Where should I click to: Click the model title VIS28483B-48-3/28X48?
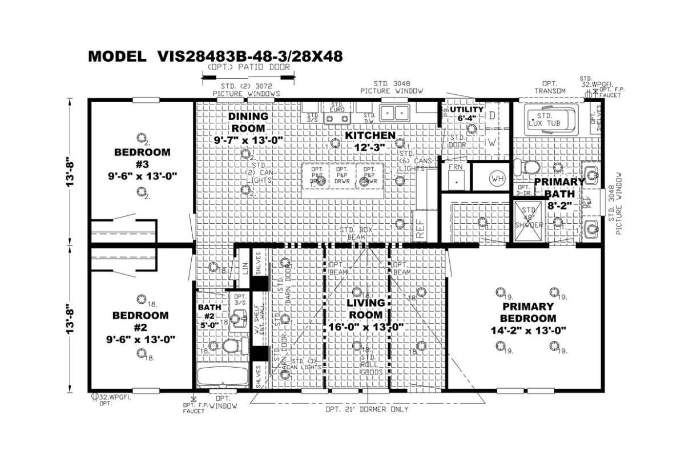point(215,56)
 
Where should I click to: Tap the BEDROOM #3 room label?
point(142,164)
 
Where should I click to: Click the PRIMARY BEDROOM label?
point(527,319)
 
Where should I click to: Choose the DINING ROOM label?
point(248,128)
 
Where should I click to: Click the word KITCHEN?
point(369,135)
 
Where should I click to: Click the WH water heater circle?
point(497,179)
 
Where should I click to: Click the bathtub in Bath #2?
point(222,377)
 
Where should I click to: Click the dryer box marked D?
point(491,115)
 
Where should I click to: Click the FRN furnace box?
point(455,176)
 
